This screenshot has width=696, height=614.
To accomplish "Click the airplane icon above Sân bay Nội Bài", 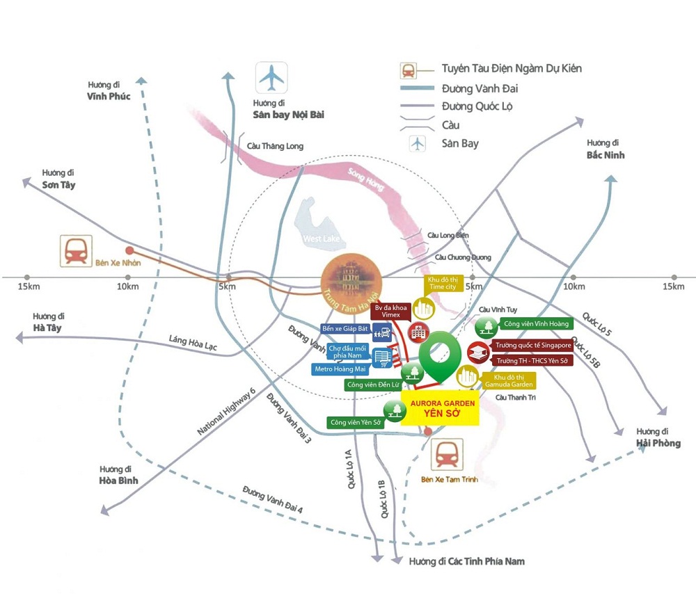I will (271, 77).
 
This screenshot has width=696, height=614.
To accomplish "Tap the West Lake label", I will (319, 239).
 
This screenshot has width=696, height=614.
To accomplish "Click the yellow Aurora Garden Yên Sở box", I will (441, 408).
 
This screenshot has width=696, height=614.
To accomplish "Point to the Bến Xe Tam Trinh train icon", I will (449, 455).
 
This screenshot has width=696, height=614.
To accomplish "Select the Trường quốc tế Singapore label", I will (533, 345).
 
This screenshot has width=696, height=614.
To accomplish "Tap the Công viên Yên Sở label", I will (356, 422).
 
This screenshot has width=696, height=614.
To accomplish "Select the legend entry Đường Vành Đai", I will (480, 88).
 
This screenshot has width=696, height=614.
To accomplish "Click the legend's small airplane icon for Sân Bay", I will (416, 144).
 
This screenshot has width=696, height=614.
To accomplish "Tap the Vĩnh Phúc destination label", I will (109, 96).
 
